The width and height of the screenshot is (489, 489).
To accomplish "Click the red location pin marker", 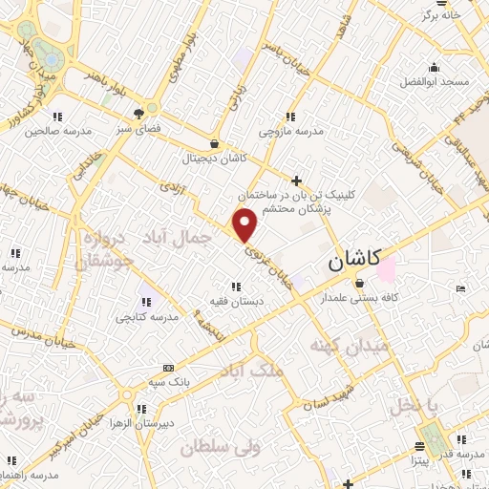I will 246,226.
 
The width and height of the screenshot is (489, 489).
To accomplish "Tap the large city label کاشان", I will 353,259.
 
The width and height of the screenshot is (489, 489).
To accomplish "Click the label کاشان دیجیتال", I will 218,156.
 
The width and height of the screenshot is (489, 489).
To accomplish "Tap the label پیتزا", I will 423,461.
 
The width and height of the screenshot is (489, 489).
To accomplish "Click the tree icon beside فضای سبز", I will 150,109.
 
